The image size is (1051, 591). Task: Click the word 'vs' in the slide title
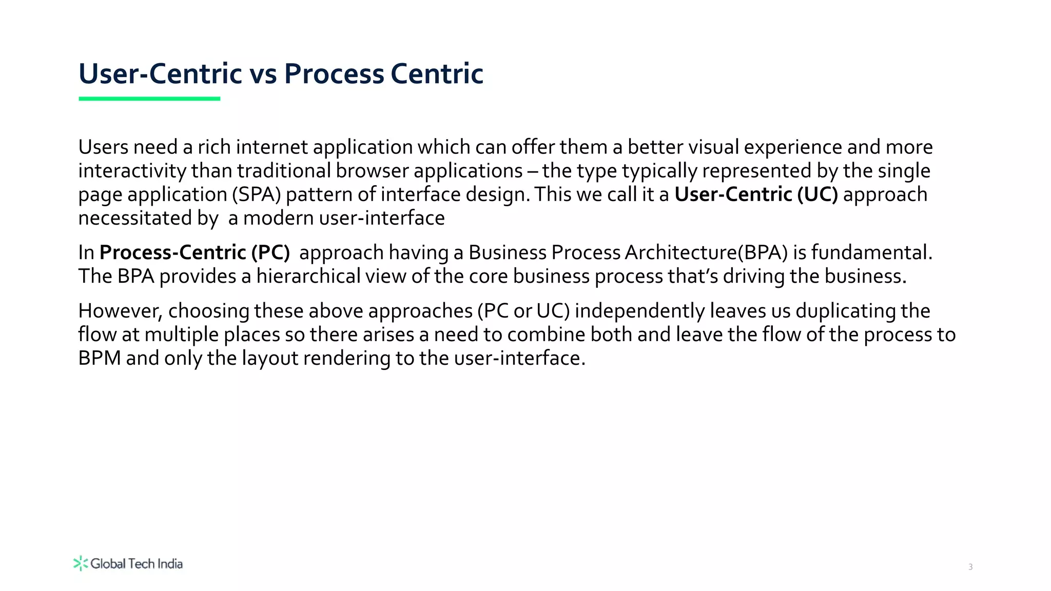263,74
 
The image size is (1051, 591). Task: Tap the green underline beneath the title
149,98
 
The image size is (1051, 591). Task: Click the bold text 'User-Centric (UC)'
756,194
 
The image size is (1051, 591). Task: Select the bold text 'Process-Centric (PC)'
194,252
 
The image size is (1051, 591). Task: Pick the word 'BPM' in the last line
100,358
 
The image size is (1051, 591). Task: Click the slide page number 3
970,567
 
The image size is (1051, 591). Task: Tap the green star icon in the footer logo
81,563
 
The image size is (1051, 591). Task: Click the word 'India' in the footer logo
170,564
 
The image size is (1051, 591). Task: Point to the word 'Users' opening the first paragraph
103,147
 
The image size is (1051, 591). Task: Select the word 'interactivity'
132,171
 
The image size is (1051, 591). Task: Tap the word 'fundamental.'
871,252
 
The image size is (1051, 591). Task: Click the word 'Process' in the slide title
334,74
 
